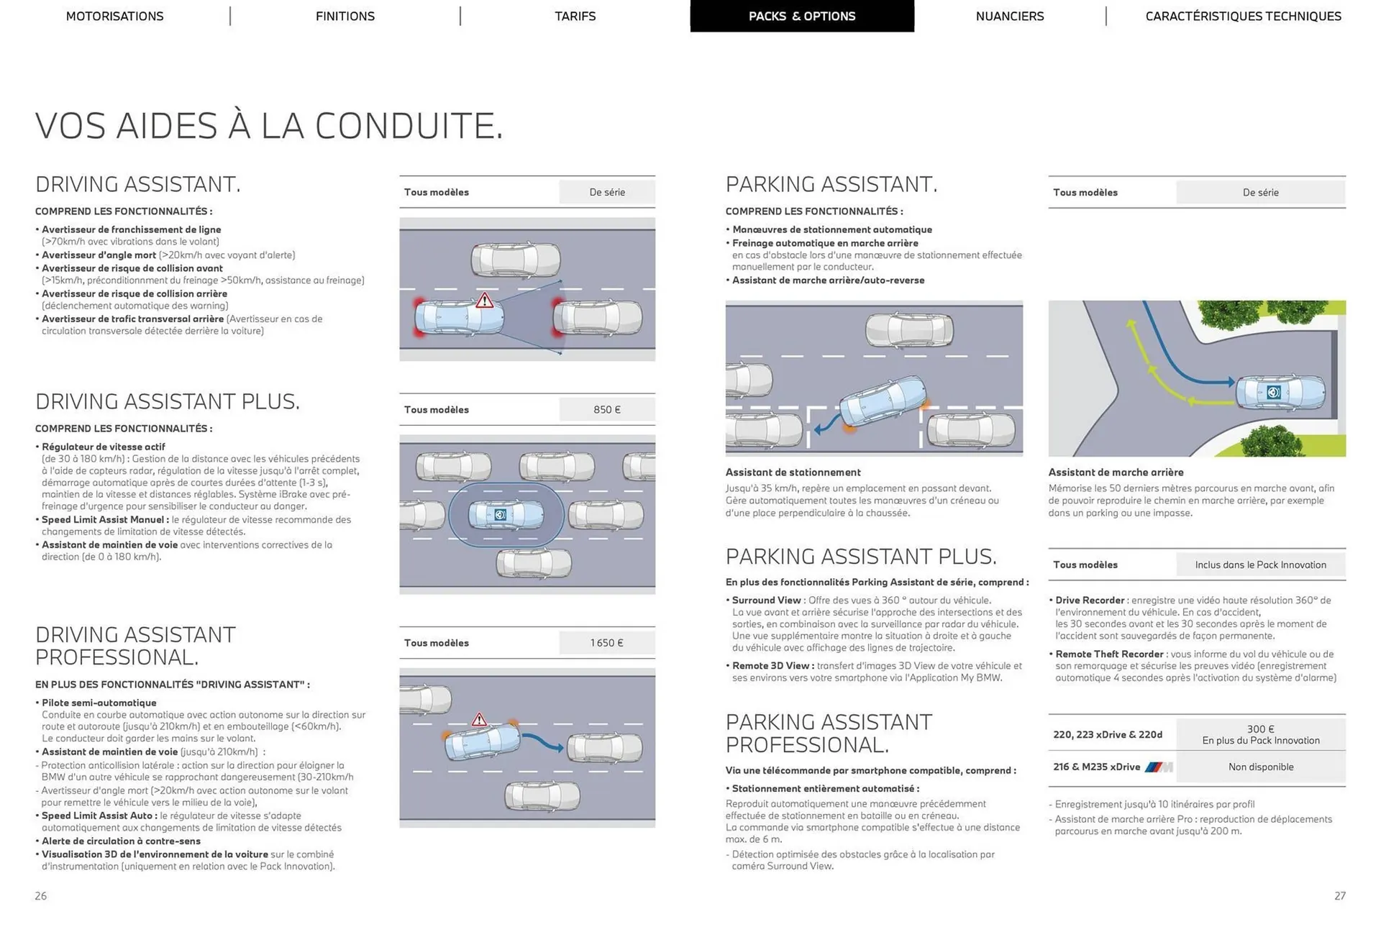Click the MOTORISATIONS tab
pos(114,16)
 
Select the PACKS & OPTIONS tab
pos(802,16)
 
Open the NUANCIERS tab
pos(1009,16)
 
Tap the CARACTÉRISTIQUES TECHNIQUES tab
pos(1243,16)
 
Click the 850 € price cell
pos(607,409)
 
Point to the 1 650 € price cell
pos(607,642)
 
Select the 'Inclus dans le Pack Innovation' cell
pos(1260,565)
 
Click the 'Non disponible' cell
pos(1260,767)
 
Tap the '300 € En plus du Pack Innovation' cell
pos(1260,734)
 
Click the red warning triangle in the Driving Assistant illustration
pos(485,300)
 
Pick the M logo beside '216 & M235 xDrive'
pos(1158,767)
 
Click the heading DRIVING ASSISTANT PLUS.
pos(168,401)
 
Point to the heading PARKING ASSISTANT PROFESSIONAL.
pos(829,733)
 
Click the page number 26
pos(41,895)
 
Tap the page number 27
pos(1339,895)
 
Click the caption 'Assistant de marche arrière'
pos(1116,472)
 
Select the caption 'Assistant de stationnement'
pos(793,472)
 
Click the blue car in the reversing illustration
pos(1280,393)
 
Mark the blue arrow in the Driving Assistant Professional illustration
pos(542,743)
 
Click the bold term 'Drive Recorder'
pos(1090,600)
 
